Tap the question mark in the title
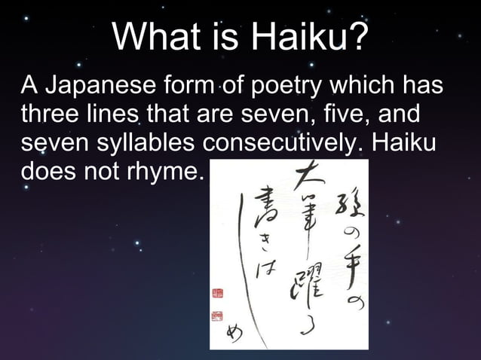360,36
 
